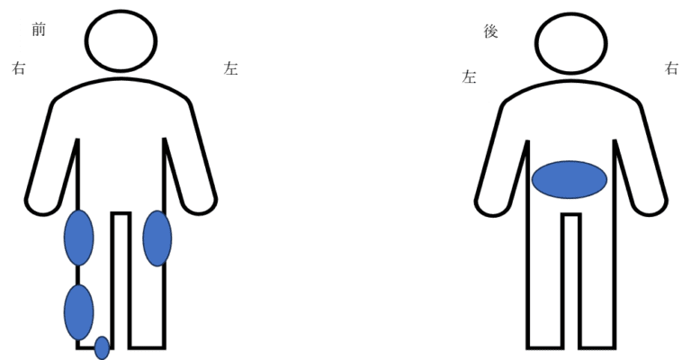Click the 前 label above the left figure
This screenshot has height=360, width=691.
tap(39, 30)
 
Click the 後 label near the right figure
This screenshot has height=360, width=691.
tap(490, 31)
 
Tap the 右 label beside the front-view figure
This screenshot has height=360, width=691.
tap(19, 68)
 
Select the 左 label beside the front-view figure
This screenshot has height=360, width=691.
tap(231, 68)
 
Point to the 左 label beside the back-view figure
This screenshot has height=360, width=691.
tap(470, 76)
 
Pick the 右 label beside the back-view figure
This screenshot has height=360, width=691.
tap(671, 68)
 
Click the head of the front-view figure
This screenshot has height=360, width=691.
tap(121, 40)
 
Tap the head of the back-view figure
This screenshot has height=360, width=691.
tap(571, 43)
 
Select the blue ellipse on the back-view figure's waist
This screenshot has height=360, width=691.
tap(570, 179)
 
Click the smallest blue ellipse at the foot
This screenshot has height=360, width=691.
tap(102, 348)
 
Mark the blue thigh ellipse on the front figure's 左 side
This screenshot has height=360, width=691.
tap(157, 238)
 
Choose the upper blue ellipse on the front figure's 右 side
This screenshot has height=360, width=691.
tap(79, 238)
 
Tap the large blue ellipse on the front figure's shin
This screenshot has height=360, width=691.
tap(79, 312)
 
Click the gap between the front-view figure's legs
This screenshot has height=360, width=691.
tap(121, 281)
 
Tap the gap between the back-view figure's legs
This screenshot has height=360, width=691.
tap(571, 282)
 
